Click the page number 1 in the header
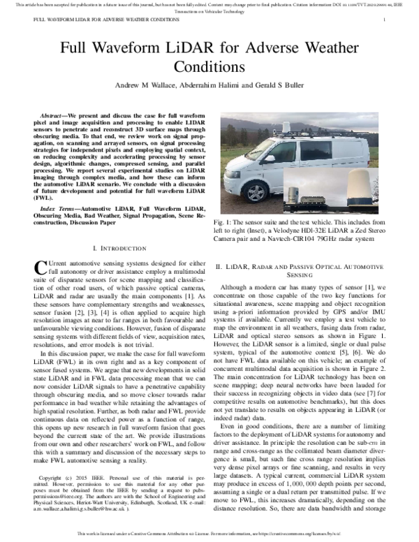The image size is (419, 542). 385,20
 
